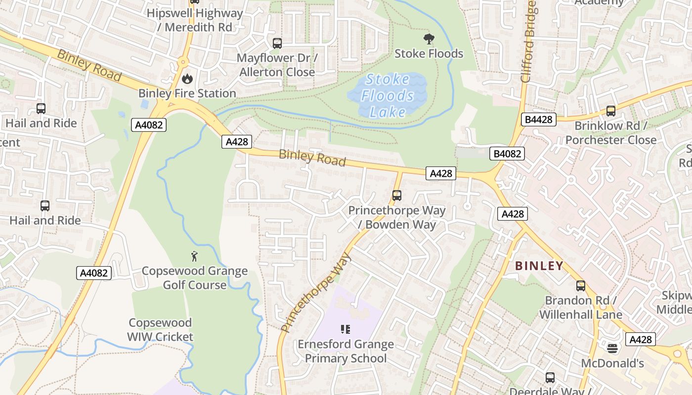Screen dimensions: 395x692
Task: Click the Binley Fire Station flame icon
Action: [187, 79]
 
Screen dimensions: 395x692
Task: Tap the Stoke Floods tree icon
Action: [429, 39]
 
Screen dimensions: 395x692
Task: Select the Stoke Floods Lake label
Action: [387, 95]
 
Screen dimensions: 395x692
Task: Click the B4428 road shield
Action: [538, 119]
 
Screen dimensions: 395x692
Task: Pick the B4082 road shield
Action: [507, 154]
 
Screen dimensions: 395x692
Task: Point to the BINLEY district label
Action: [539, 266]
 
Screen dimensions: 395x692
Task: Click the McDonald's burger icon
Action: [612, 349]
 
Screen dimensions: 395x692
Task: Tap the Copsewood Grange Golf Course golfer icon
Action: [195, 256]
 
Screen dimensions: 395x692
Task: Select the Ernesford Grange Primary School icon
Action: [346, 329]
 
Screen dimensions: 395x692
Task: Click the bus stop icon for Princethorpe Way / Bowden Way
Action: [396, 195]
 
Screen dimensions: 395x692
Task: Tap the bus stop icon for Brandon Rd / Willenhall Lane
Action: [580, 285]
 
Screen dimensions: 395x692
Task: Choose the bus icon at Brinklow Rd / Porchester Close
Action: [610, 111]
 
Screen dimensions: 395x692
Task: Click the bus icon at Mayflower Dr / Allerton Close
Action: [277, 43]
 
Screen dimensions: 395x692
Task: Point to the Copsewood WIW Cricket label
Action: [160, 330]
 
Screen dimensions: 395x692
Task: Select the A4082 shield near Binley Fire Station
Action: [149, 125]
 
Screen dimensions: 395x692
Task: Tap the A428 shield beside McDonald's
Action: [641, 339]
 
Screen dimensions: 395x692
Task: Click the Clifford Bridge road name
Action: [528, 42]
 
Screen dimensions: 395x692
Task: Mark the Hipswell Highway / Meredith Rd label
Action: [195, 20]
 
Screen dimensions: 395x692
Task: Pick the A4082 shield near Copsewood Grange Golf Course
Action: [94, 273]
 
